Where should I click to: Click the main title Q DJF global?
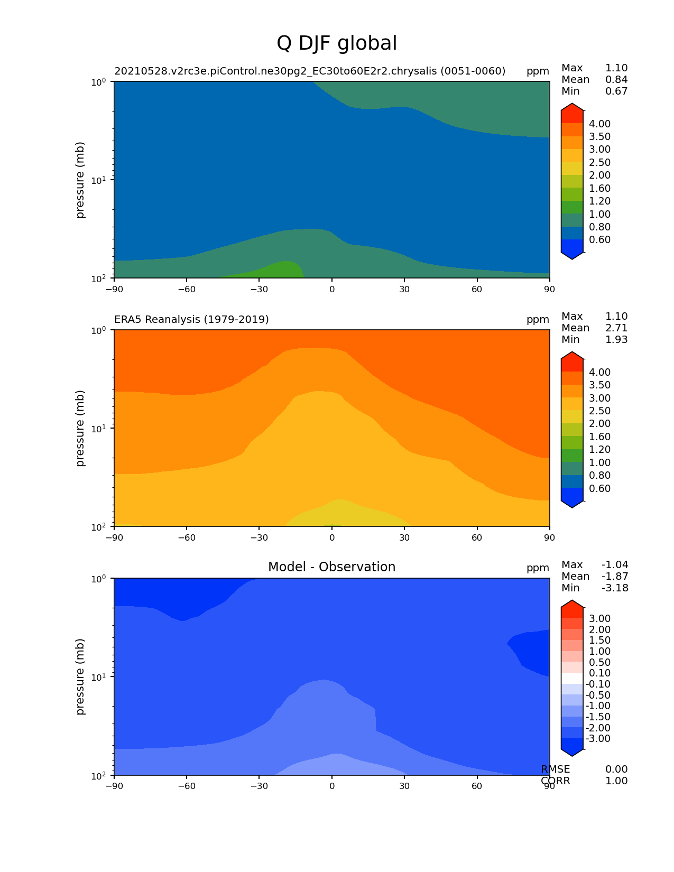337,43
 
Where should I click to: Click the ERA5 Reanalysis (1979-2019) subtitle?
191,319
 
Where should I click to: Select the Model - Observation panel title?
331,567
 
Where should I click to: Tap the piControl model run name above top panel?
310,71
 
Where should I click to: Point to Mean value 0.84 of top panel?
616,80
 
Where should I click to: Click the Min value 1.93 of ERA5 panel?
616,340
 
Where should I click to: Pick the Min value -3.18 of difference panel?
615,588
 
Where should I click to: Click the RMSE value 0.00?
616,769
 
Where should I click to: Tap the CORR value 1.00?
616,781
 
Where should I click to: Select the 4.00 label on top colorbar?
600,124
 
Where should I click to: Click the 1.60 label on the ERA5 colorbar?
600,437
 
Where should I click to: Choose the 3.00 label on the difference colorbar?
600,619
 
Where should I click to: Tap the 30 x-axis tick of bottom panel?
404,786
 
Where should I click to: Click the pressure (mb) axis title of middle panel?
80,428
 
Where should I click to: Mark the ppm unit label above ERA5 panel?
538,319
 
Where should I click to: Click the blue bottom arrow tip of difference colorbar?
572,746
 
